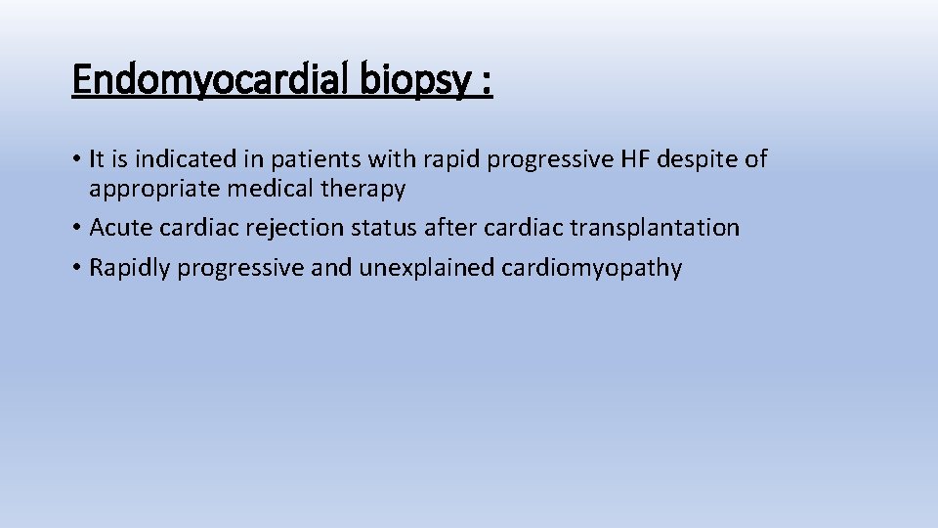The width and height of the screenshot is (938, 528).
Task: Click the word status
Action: [x=367, y=228]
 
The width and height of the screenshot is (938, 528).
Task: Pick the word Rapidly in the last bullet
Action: [x=127, y=269]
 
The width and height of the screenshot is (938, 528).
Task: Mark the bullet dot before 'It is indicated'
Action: [x=76, y=159]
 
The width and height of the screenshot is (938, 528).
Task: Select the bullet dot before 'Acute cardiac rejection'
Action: [x=76, y=229]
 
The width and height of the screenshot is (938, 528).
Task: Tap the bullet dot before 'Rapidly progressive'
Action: [x=76, y=269]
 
